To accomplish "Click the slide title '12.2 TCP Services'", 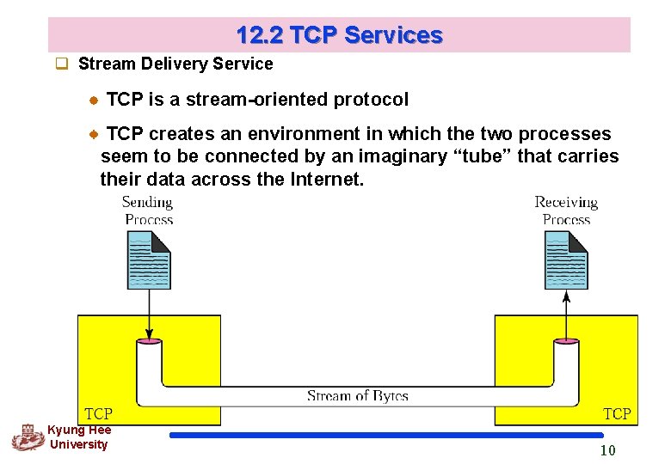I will pyautogui.click(x=339, y=35).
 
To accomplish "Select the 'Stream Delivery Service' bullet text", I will pyautogui.click(x=175, y=64).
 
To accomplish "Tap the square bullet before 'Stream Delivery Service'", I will pyautogui.click(x=62, y=64).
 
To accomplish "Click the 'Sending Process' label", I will pyautogui.click(x=148, y=211).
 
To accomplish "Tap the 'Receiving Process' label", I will pyautogui.click(x=565, y=211).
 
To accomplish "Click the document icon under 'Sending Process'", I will pyautogui.click(x=149, y=259).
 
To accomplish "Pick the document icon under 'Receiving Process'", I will pyautogui.click(x=566, y=259).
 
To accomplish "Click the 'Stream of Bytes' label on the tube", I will pyautogui.click(x=357, y=396).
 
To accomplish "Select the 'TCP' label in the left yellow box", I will pyautogui.click(x=99, y=414).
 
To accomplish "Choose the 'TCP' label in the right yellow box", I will pyautogui.click(x=617, y=414).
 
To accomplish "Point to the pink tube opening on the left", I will pyautogui.click(x=150, y=341).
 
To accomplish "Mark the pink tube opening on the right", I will pyautogui.click(x=566, y=341).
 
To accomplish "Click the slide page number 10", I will pyautogui.click(x=607, y=451).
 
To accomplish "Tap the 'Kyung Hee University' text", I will pyautogui.click(x=79, y=437).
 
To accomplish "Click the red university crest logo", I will pyautogui.click(x=28, y=437).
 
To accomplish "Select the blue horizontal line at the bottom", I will pyautogui.click(x=386, y=436).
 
